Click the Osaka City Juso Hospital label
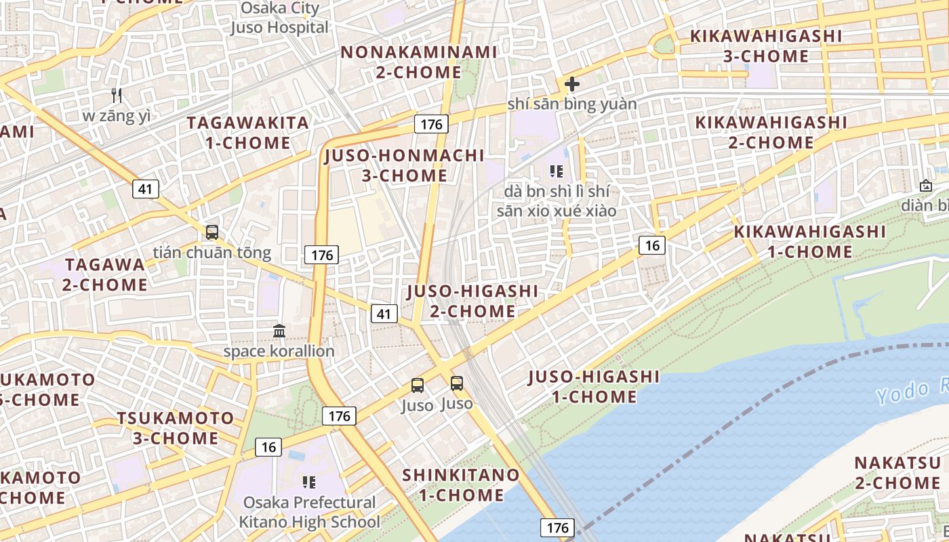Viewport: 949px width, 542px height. [x=279, y=18]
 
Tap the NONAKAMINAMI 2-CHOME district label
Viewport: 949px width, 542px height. [x=418, y=62]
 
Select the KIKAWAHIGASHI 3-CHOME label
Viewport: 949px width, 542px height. [x=765, y=46]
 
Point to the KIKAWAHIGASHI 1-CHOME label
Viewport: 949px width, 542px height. [x=809, y=242]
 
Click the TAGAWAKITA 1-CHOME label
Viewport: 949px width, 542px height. [x=248, y=133]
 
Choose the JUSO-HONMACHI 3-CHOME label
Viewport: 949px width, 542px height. [x=404, y=165]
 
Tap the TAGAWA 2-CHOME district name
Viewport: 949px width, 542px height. [x=105, y=274]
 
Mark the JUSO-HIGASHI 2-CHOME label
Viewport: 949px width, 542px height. [x=472, y=301]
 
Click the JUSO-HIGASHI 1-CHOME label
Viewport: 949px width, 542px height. [x=594, y=386]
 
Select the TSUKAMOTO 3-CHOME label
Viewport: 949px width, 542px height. [x=176, y=428]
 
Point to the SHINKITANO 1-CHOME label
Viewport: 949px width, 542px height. [x=461, y=485]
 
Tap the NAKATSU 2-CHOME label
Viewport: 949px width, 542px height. [x=897, y=473]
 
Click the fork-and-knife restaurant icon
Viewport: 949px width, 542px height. [x=117, y=96]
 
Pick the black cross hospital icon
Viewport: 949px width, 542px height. [x=572, y=84]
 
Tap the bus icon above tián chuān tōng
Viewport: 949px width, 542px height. [x=212, y=232]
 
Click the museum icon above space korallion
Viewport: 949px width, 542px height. [x=279, y=331]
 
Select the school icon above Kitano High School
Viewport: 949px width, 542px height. [x=309, y=482]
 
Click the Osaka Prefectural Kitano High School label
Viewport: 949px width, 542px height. [x=309, y=512]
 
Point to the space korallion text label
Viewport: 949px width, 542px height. [x=279, y=351]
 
